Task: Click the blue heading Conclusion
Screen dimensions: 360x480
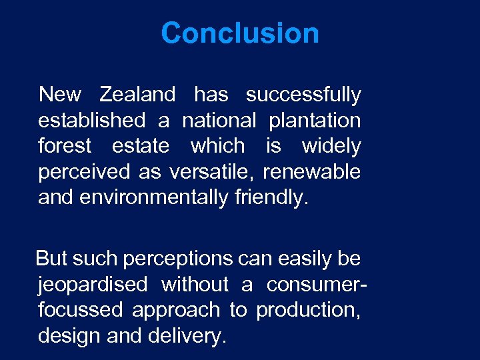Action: [x=240, y=33]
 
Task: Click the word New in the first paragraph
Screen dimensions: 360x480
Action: [x=60, y=95]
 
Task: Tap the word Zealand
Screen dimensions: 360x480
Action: [x=137, y=95]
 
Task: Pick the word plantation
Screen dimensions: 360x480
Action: [x=315, y=121]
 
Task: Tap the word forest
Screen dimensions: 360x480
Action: [x=65, y=146]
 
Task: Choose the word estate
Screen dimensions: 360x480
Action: [x=141, y=146]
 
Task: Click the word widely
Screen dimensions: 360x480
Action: [x=331, y=147]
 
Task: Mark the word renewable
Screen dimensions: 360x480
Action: [x=311, y=171]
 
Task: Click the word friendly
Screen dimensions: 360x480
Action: [x=272, y=198]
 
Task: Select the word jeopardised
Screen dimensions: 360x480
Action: [x=93, y=285]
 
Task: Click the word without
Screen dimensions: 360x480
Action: [x=195, y=285]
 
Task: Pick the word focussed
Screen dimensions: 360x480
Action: [x=81, y=310]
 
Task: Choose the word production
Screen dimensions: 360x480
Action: [x=309, y=311]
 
